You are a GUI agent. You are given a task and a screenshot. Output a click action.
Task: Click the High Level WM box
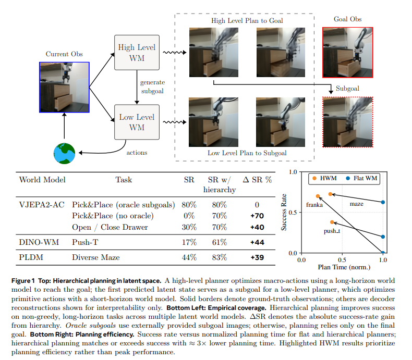(x=136, y=53)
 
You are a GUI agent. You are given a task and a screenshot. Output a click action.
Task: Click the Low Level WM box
(x=136, y=122)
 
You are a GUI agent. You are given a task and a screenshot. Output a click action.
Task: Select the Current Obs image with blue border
(x=64, y=86)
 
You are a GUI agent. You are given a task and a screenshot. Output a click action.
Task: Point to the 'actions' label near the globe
(x=137, y=153)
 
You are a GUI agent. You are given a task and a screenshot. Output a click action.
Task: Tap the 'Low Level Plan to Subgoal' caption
(x=247, y=153)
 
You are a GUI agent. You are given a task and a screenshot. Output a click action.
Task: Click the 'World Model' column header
(x=42, y=180)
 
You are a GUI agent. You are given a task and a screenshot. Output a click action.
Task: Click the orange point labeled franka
(x=318, y=196)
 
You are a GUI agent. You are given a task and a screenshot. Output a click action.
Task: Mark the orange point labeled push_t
(x=332, y=222)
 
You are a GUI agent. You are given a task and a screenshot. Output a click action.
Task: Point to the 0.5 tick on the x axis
(x=342, y=259)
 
